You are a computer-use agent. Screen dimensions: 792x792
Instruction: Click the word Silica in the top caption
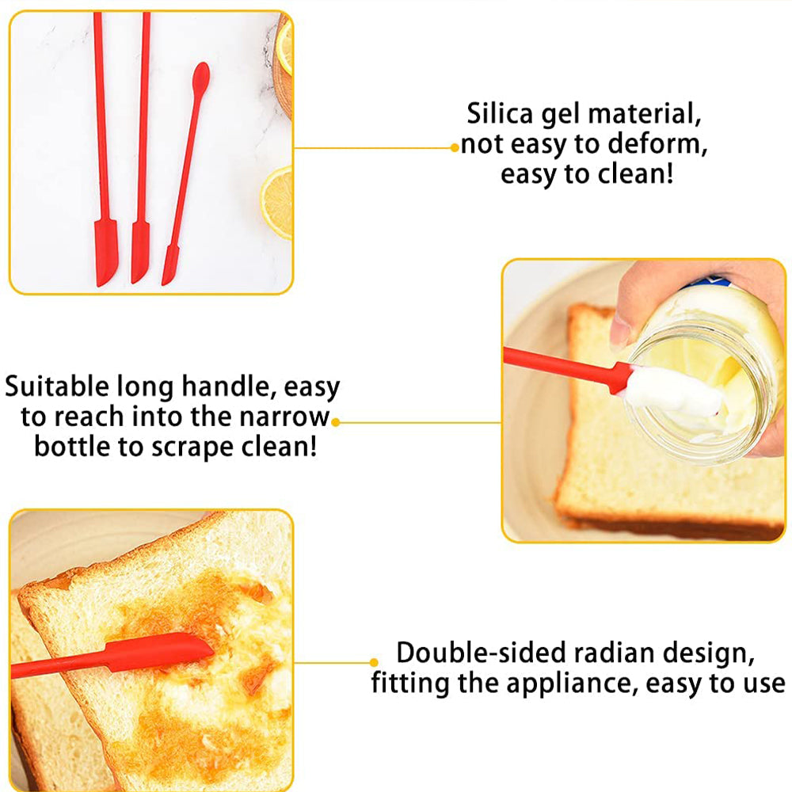tap(500, 113)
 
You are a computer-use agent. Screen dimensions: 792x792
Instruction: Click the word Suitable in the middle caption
tap(56, 386)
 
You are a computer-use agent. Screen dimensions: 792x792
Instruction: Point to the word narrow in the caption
tap(284, 417)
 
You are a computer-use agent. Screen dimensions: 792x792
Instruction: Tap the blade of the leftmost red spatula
tap(105, 253)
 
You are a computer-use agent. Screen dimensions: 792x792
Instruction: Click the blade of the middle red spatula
tap(140, 253)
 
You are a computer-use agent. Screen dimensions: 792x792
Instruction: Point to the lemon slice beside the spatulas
tap(276, 202)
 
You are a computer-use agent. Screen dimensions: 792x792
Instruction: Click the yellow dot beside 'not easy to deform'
tap(455, 148)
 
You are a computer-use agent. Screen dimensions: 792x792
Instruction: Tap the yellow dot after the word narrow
tap(335, 422)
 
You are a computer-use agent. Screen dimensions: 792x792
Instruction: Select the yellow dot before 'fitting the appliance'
tap(374, 662)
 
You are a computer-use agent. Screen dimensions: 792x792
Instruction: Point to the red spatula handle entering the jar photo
tap(561, 365)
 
